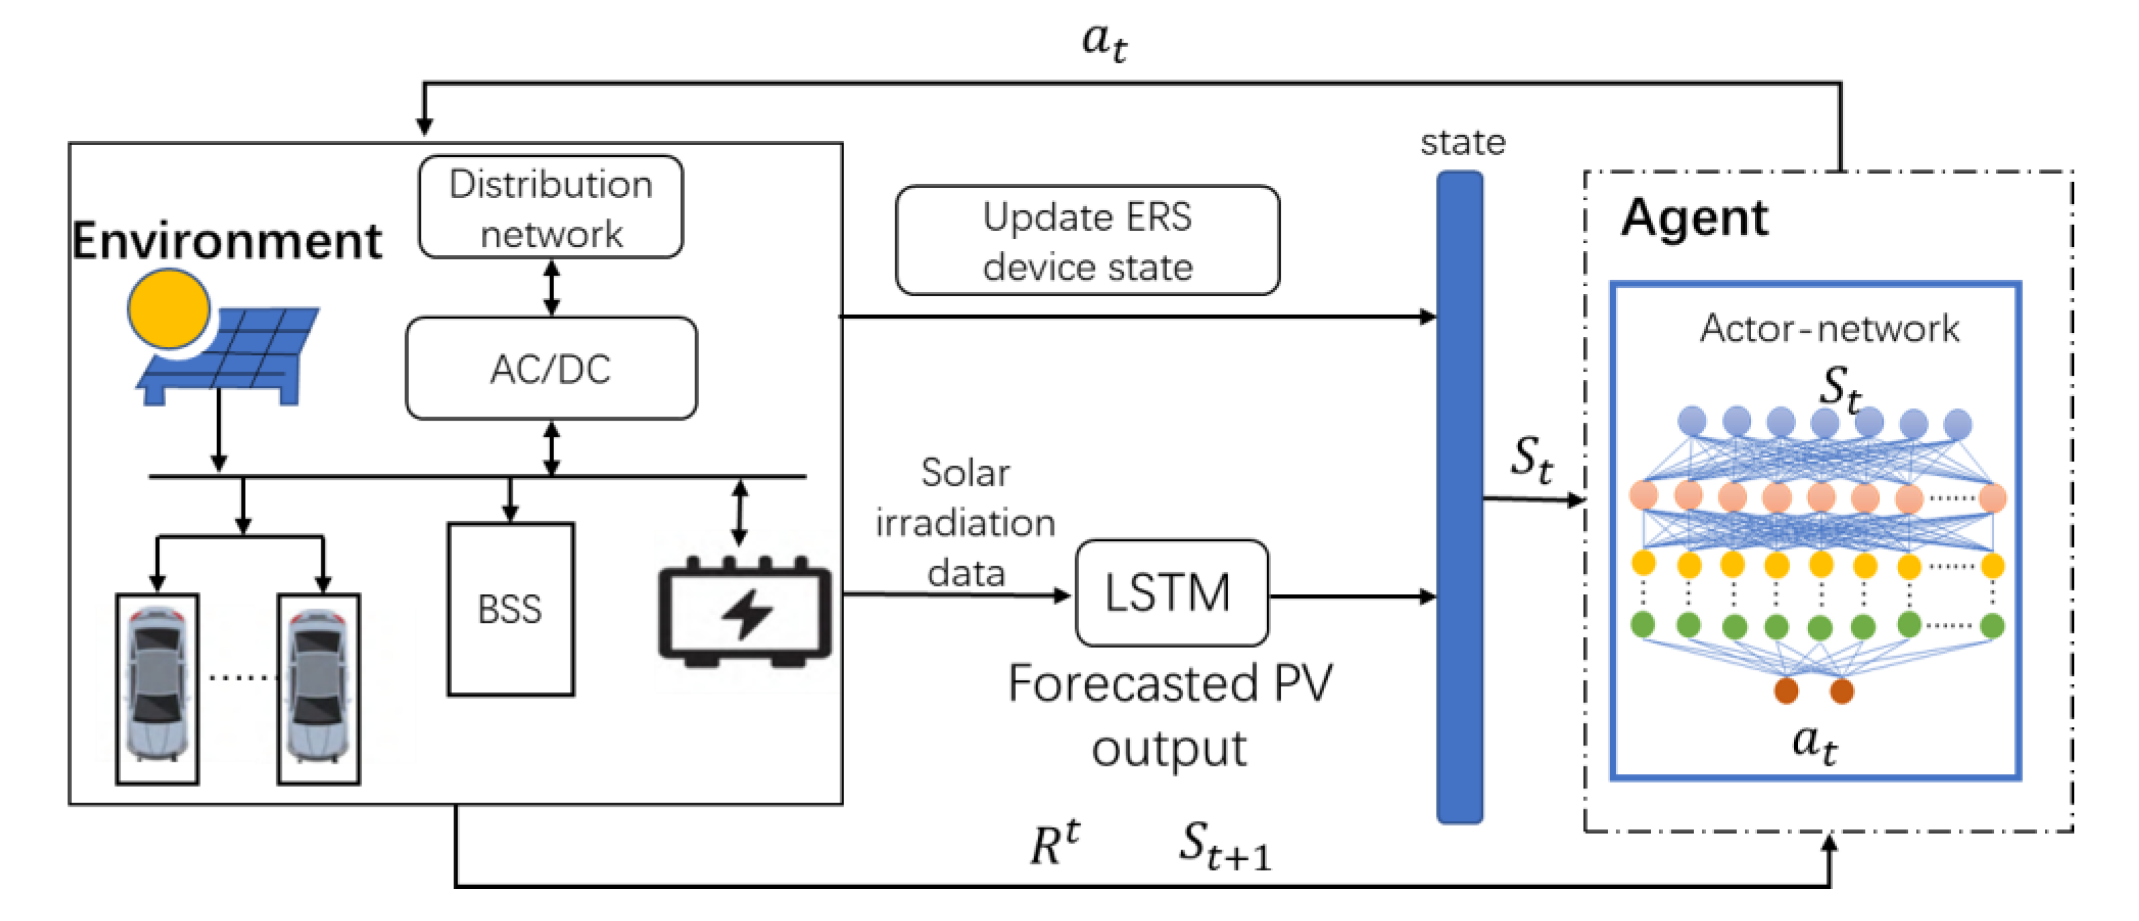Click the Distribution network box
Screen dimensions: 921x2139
[551, 208]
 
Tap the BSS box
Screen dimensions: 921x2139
[510, 609]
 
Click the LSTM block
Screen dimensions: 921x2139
[1170, 593]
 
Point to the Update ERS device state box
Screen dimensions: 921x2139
[1087, 241]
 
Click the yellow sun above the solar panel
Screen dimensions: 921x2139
[169, 309]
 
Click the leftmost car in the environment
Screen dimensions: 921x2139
[157, 688]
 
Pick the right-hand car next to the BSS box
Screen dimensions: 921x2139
[318, 688]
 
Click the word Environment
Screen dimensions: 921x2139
[227, 242]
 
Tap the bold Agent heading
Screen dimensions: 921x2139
[1694, 218]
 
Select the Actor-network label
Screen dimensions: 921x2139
[1829, 329]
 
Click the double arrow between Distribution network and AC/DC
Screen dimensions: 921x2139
[551, 287]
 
